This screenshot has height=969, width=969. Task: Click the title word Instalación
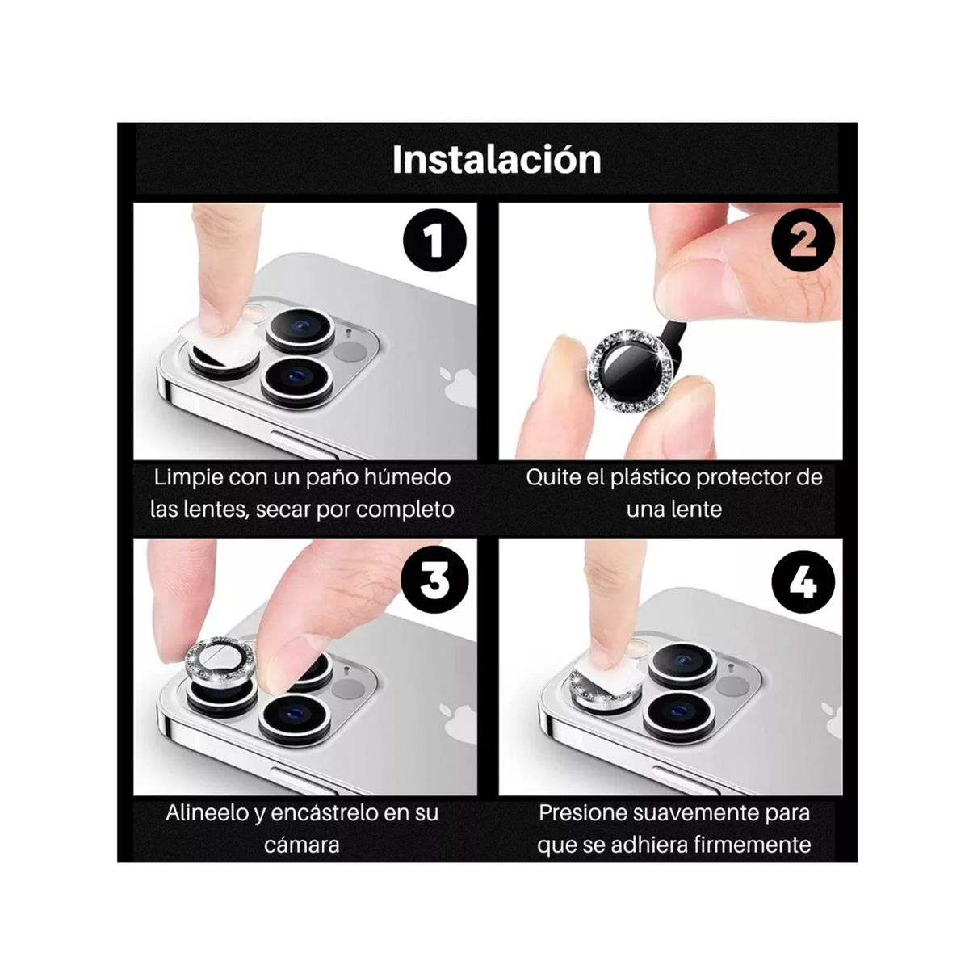pyautogui.click(x=496, y=159)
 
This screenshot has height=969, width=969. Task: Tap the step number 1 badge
pyautogui.click(x=434, y=241)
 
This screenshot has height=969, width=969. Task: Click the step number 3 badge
pyautogui.click(x=434, y=580)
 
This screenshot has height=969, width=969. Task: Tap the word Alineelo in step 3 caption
pyautogui.click(x=207, y=813)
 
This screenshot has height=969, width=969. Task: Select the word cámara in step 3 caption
pyautogui.click(x=301, y=845)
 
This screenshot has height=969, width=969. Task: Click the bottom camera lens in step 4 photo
pyautogui.click(x=679, y=710)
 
